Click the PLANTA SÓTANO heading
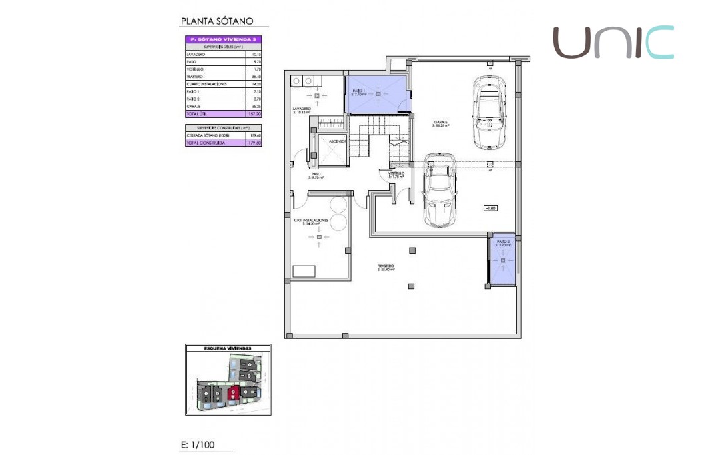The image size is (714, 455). (x=217, y=21)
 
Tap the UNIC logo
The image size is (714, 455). (x=613, y=42)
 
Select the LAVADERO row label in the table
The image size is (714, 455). (x=196, y=54)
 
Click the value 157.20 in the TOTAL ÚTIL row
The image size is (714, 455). (x=254, y=114)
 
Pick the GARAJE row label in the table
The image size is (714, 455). (x=194, y=107)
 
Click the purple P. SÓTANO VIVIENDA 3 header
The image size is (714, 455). (x=223, y=39)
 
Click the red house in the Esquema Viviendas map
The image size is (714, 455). (x=233, y=394)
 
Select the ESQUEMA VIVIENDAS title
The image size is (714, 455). (x=228, y=348)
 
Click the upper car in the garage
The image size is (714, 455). (x=488, y=112)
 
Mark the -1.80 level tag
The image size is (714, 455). (x=491, y=208)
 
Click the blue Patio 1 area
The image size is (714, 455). (x=377, y=92)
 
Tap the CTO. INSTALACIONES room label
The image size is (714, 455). (x=312, y=221)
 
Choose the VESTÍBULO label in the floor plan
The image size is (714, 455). (x=396, y=175)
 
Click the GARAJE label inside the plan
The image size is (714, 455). (x=440, y=123)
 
